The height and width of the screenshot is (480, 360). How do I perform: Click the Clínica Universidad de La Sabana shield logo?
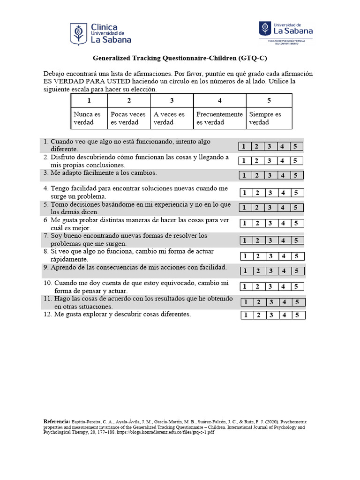(x=78, y=34)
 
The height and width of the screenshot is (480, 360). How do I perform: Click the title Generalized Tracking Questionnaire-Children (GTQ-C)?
(x=180, y=59)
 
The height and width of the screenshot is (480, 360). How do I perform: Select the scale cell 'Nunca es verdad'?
(x=89, y=118)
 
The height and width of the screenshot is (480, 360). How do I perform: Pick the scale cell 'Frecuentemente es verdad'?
(x=219, y=118)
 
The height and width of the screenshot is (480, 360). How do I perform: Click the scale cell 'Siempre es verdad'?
(x=268, y=118)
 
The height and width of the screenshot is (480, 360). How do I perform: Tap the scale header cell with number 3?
(x=172, y=101)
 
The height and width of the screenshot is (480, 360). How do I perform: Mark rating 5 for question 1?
(x=295, y=146)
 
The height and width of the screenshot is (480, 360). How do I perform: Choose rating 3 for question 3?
(x=270, y=175)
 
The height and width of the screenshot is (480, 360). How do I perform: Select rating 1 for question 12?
(x=246, y=315)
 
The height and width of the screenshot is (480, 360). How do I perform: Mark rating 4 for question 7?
(x=282, y=240)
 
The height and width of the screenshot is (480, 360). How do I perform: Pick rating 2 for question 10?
(x=258, y=286)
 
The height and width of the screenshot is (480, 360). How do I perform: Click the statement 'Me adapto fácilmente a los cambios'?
(x=103, y=173)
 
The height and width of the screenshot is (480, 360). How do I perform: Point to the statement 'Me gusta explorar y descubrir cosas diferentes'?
(x=122, y=315)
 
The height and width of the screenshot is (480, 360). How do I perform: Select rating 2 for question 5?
(x=257, y=208)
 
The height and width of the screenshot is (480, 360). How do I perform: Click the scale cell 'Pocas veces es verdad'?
(x=128, y=118)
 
